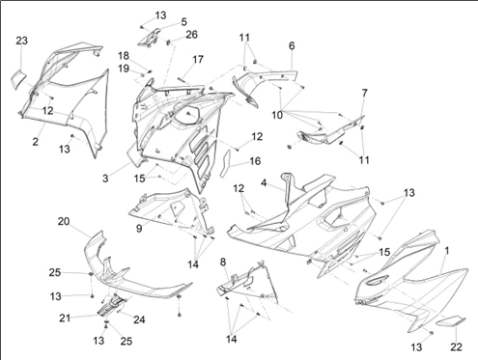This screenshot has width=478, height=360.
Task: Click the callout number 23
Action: (x=22, y=41)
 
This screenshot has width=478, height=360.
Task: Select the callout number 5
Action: (x=183, y=22)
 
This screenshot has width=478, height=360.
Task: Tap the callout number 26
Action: (x=192, y=35)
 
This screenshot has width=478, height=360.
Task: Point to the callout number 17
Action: (x=198, y=60)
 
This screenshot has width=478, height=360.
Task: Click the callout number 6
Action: (x=292, y=46)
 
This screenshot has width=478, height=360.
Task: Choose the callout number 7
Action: (x=364, y=93)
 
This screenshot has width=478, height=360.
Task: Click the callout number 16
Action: (x=255, y=161)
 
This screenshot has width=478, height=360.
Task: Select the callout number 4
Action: (x=264, y=183)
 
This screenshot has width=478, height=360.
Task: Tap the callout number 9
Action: (x=139, y=229)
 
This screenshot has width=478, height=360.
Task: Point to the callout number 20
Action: (x=64, y=222)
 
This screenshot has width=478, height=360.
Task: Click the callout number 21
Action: (x=65, y=318)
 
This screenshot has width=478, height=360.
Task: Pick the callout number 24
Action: (x=139, y=319)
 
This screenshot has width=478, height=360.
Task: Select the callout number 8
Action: (x=223, y=263)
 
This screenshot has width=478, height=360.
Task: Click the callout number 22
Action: (x=457, y=347)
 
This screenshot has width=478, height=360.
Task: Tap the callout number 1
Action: (x=447, y=251)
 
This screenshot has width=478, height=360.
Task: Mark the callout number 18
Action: (x=124, y=56)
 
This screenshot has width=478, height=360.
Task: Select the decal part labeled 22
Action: (x=451, y=321)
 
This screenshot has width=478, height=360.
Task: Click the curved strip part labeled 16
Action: (x=225, y=163)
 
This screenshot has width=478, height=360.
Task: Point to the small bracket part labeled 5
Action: (x=150, y=37)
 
